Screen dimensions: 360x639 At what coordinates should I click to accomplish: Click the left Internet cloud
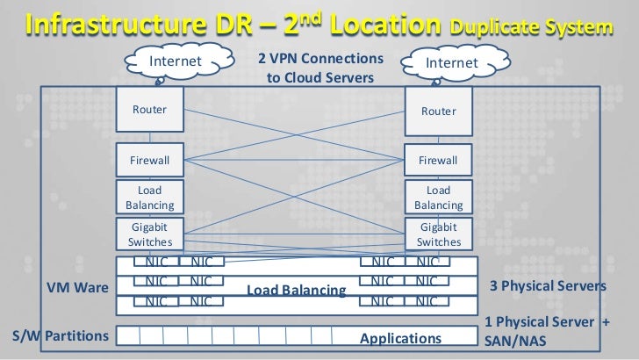[176, 61]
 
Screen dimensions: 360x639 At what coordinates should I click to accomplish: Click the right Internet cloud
[451, 63]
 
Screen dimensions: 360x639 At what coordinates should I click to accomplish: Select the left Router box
[150, 110]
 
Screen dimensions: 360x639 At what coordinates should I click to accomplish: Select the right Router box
[438, 112]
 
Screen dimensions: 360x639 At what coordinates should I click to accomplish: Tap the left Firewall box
[150, 161]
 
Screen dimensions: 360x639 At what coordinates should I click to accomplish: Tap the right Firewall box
[438, 161]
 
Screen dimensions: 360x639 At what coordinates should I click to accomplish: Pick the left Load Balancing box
[150, 198]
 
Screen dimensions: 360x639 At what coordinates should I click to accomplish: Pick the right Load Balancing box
[438, 198]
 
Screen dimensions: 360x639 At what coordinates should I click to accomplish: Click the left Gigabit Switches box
[150, 234]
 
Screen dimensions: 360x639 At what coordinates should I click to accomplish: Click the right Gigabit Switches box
[438, 234]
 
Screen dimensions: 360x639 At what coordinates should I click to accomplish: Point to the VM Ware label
[77, 287]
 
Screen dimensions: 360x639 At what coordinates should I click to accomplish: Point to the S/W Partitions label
[60, 336]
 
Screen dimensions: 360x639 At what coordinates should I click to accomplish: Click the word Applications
[400, 338]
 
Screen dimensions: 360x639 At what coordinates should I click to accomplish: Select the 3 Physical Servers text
[547, 287]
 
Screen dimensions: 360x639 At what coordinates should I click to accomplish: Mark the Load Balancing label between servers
[296, 290]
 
